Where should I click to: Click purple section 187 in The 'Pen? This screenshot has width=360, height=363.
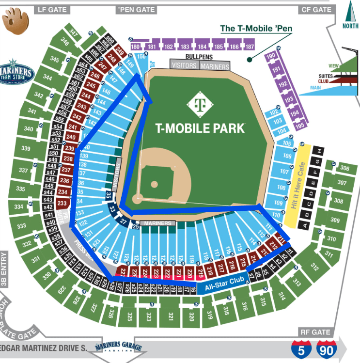tap(249, 47)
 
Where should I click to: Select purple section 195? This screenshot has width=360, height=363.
tap(299, 126)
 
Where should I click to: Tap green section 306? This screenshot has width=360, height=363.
tap(344, 168)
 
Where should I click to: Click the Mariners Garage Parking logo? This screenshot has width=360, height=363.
tap(114, 347)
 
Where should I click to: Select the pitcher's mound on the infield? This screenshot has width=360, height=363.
tap(154, 184)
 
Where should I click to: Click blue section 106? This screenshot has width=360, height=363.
tap(287, 156)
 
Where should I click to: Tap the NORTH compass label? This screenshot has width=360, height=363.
tap(350, 26)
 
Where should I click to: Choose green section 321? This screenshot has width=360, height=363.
tap(171, 316)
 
